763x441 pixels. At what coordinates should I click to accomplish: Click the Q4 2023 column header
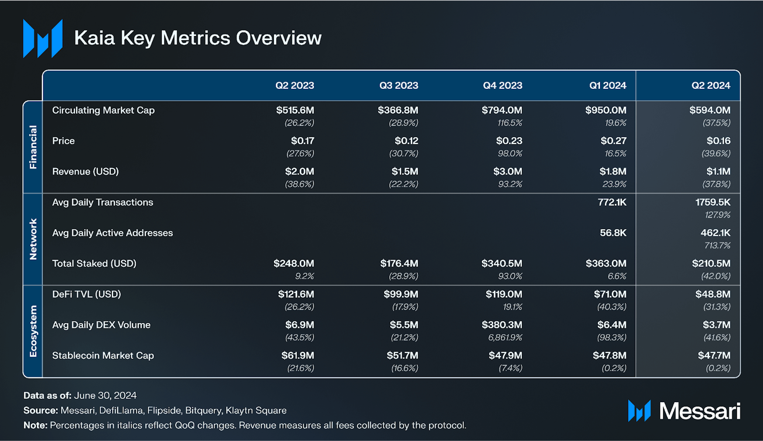tap(502, 85)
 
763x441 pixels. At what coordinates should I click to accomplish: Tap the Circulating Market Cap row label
tap(103, 110)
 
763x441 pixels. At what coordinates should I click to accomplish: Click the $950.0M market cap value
tap(606, 110)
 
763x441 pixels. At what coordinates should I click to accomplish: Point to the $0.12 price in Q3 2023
tap(406, 141)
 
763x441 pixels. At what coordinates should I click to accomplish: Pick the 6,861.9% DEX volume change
tap(505, 337)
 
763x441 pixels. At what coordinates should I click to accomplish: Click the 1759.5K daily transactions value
tap(712, 202)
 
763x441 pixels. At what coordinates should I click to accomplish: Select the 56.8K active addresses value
tap(613, 233)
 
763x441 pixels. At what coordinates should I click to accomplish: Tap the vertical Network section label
tap(33, 239)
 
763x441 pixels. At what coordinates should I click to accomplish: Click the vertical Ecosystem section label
tap(33, 331)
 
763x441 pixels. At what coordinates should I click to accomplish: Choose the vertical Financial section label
tap(33, 147)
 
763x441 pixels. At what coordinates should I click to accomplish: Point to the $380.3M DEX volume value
tap(502, 325)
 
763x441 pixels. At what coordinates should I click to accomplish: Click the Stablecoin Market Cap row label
tap(103, 356)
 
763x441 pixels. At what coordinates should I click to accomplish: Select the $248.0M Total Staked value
tap(294, 264)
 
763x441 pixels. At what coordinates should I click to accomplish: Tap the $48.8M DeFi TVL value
tap(712, 294)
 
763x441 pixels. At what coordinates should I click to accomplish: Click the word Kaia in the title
tap(94, 38)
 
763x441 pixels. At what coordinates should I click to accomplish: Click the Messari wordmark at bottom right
tap(700, 411)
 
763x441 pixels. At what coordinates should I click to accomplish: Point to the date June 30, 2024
tap(105, 395)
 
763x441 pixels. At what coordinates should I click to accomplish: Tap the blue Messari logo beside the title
tap(43, 38)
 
